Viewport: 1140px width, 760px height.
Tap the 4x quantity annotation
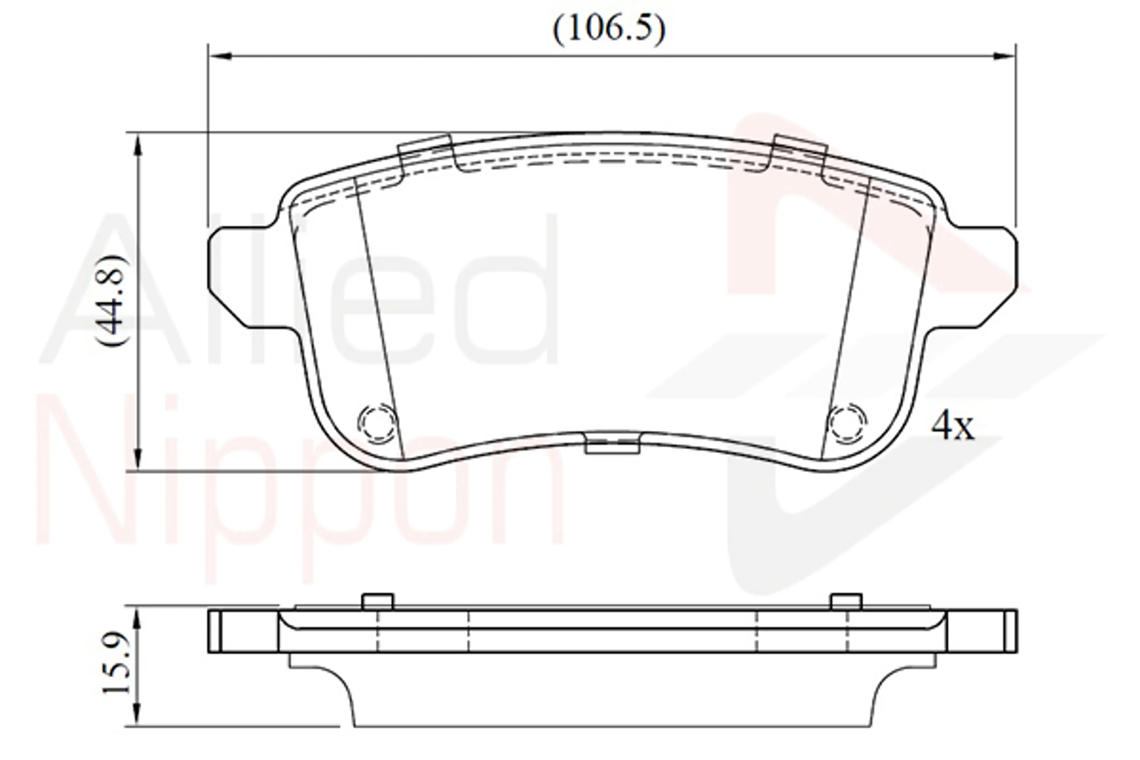tap(952, 425)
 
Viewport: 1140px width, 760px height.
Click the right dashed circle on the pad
tap(847, 423)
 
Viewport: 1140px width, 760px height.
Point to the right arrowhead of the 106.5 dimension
tap(1004, 56)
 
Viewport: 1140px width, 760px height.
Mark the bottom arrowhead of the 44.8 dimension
tap(138, 458)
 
